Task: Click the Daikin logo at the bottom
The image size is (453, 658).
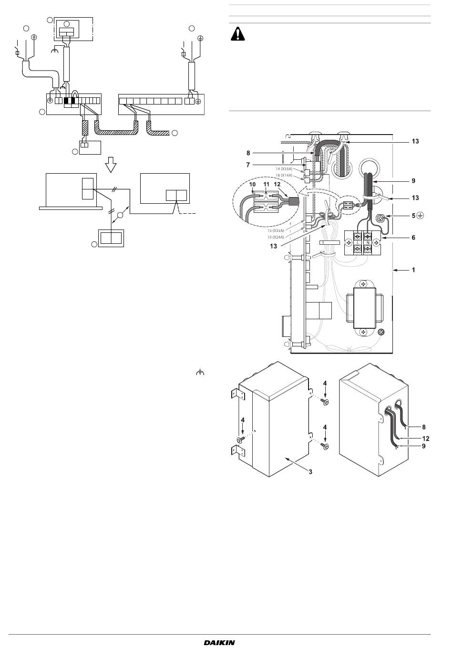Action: (x=219, y=642)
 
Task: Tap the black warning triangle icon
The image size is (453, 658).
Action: (x=237, y=34)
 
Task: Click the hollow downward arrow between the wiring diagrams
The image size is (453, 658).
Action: (x=111, y=164)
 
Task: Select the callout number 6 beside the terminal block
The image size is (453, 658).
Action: (x=413, y=237)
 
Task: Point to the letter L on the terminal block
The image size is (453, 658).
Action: (x=358, y=243)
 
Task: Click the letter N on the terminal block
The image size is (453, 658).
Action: (x=368, y=243)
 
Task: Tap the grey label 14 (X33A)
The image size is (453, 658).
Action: (x=284, y=169)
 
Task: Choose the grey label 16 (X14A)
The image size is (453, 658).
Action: (x=284, y=176)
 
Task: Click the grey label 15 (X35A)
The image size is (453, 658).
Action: (x=276, y=230)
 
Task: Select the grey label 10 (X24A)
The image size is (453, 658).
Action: (x=276, y=237)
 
